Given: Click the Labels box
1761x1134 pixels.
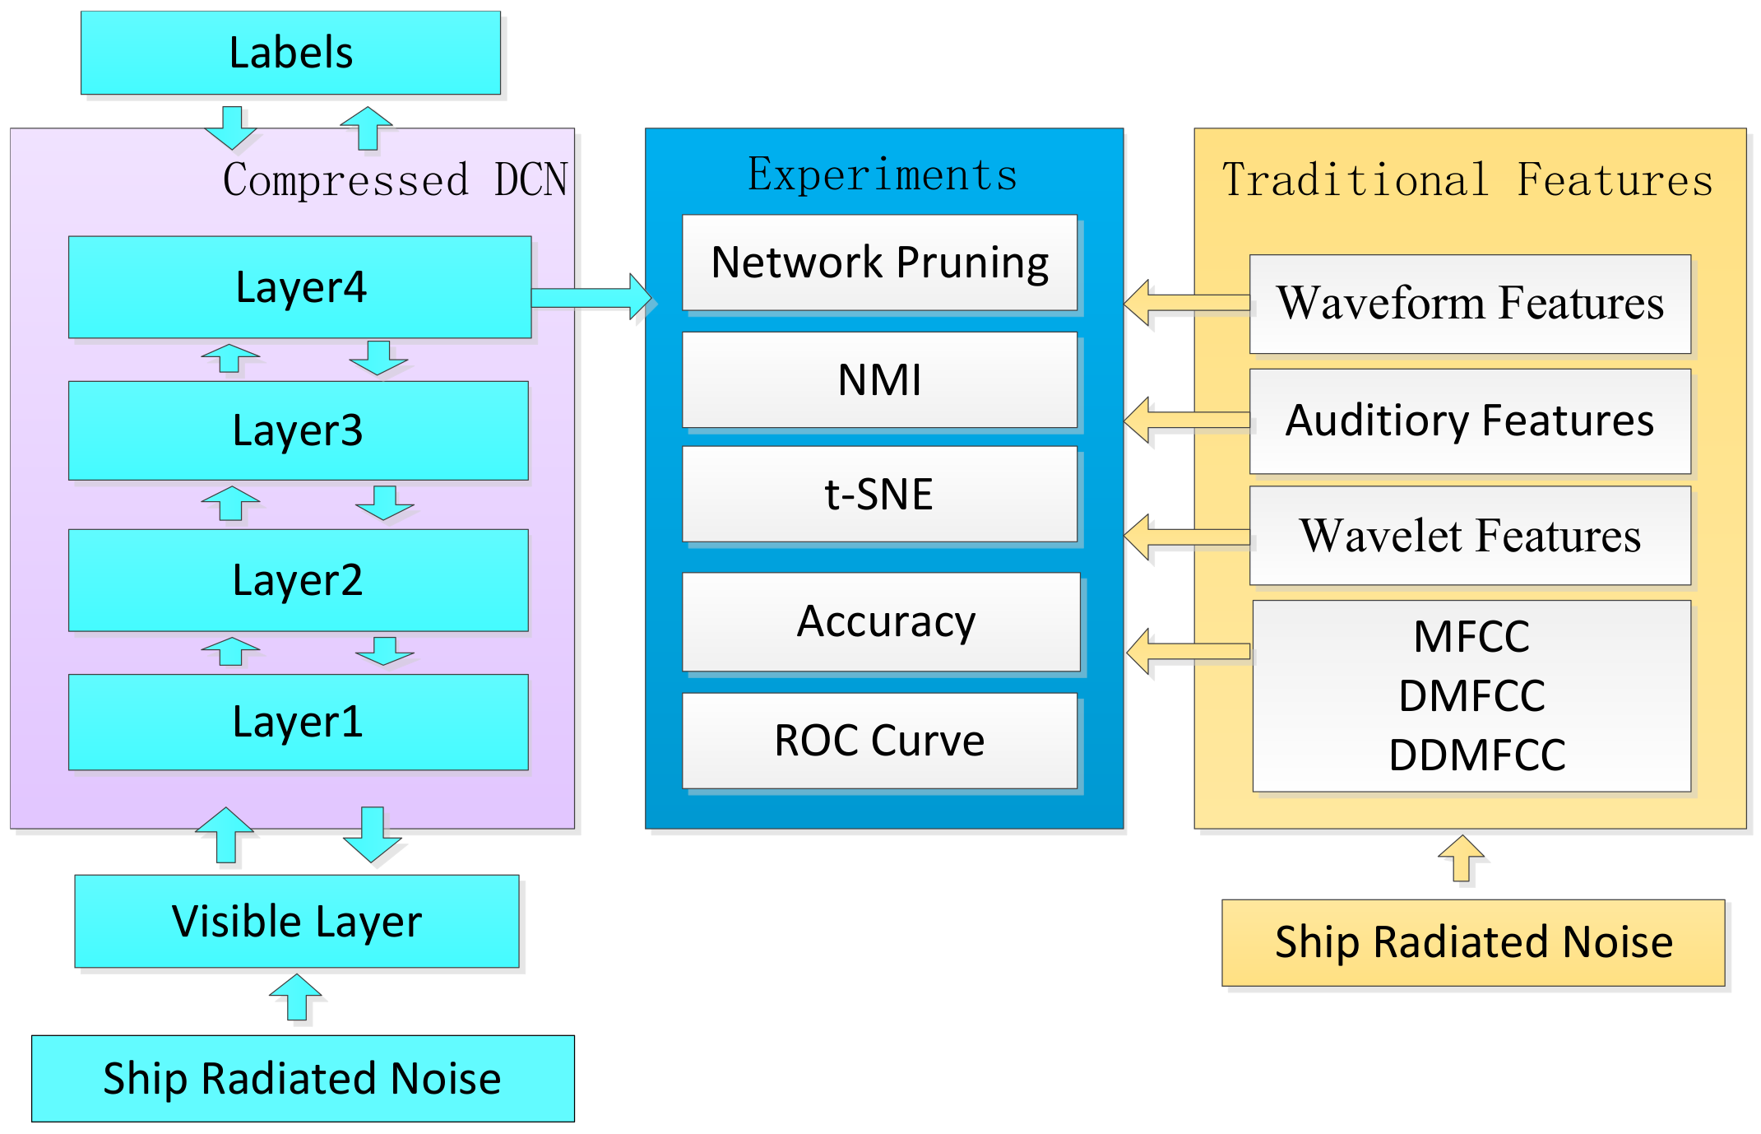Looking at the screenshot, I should tap(290, 53).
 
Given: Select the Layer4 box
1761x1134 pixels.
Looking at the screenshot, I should tap(300, 287).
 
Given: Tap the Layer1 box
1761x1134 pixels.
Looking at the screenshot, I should tap(298, 722).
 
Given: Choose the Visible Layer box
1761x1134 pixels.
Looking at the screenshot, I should tap(296, 921).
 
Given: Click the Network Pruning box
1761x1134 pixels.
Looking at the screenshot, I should tap(879, 263).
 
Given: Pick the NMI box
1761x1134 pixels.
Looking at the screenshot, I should tap(879, 380).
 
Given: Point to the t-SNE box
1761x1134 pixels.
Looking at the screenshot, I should tap(879, 495).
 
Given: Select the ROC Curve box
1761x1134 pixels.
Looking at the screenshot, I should tap(879, 741).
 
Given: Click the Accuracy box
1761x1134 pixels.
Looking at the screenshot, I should tap(881, 622).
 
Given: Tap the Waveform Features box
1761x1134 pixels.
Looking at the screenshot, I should tap(1470, 304).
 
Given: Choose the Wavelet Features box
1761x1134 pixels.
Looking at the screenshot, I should tap(1470, 536).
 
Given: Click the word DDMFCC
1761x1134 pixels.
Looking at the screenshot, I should tap(1477, 755).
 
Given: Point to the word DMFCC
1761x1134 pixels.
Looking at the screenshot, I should tap(1472, 695).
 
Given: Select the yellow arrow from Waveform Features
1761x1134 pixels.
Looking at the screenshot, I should tap(1186, 303).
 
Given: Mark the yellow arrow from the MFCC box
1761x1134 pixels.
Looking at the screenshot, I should tap(1188, 652).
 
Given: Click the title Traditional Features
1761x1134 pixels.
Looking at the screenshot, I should tap(1467, 180).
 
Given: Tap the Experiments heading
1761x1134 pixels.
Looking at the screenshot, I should tap(883, 174).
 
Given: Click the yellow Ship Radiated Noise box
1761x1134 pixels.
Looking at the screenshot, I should tap(1473, 942).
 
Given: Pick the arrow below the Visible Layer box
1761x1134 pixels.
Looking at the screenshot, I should tap(296, 997).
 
